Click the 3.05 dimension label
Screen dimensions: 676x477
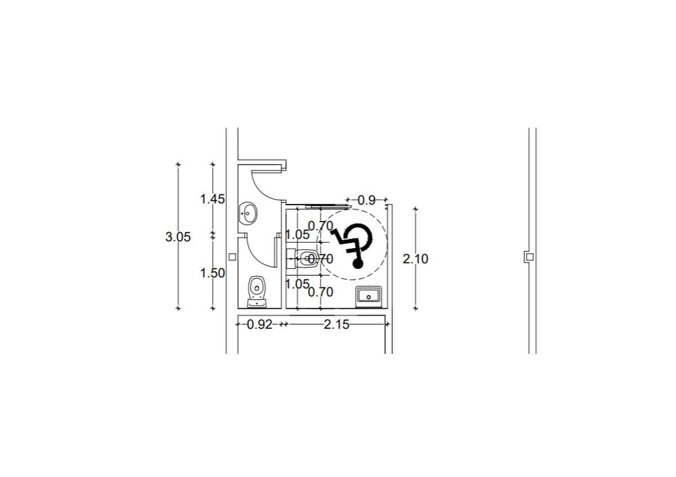[178, 237]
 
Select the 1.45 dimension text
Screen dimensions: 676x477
[212, 200]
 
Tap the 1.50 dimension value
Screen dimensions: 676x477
[212, 273]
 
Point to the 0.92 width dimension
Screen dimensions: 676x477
[260, 325]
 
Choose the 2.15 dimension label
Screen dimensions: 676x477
[336, 325]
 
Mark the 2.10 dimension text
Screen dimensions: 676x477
[416, 259]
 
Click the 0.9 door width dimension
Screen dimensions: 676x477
[367, 200]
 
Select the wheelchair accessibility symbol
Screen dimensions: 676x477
[352, 245]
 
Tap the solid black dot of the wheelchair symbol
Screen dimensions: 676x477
[358, 264]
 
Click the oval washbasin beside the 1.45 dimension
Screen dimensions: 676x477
[248, 214]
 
